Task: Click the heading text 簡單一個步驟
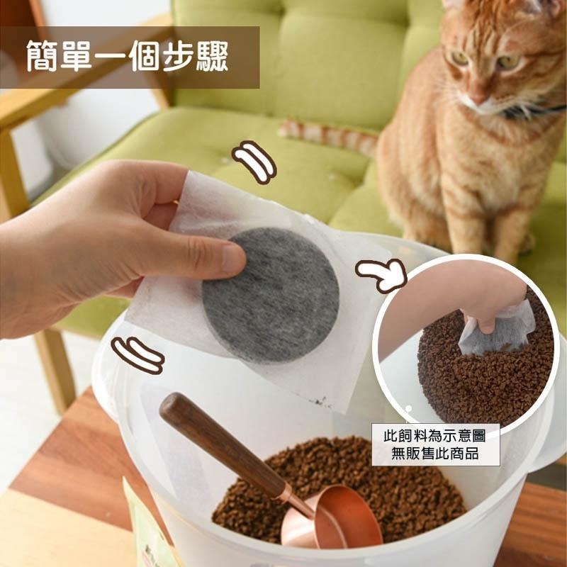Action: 128,57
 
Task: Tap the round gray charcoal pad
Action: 270,295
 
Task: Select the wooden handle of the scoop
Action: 213,439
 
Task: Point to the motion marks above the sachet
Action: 254,160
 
